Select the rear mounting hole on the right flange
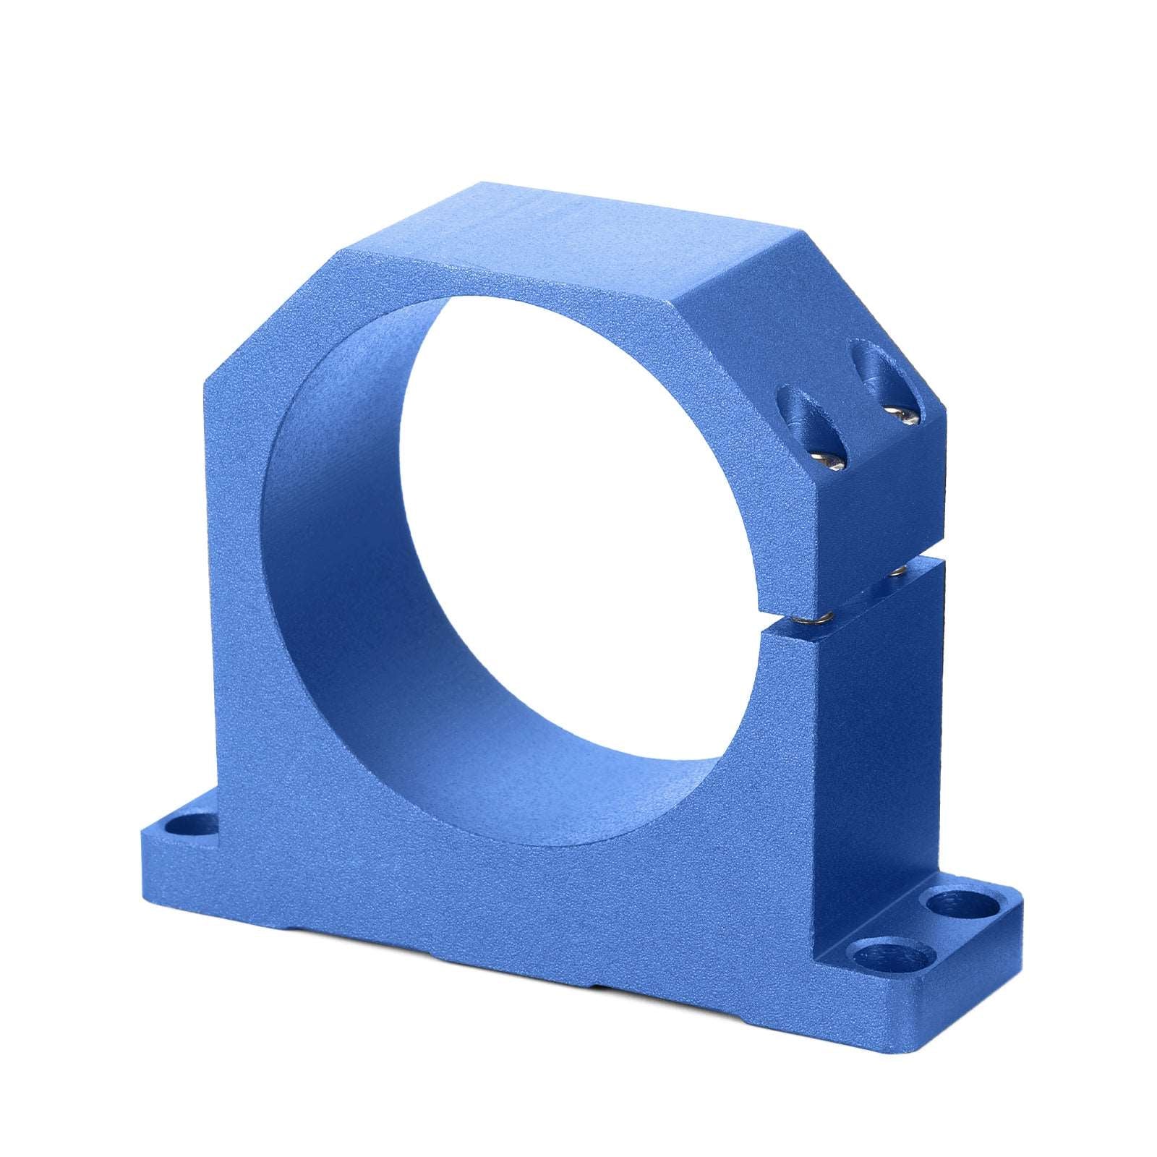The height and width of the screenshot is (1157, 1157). tap(954, 903)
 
